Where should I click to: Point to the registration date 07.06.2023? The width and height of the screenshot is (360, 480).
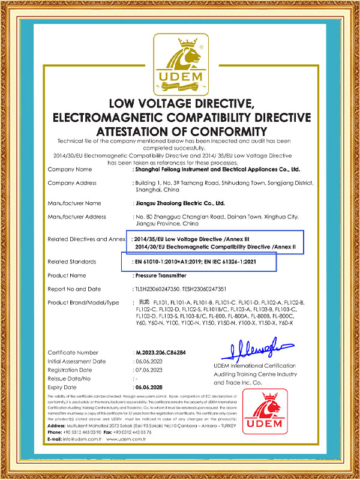click(148, 370)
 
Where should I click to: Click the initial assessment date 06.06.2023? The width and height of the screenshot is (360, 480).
click(148, 361)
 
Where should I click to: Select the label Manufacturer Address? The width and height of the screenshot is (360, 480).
click(76, 216)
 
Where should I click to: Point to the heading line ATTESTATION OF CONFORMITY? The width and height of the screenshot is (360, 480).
click(180, 131)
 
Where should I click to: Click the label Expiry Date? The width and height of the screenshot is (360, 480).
click(63, 388)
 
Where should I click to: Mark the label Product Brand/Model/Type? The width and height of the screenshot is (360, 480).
click(83, 301)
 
